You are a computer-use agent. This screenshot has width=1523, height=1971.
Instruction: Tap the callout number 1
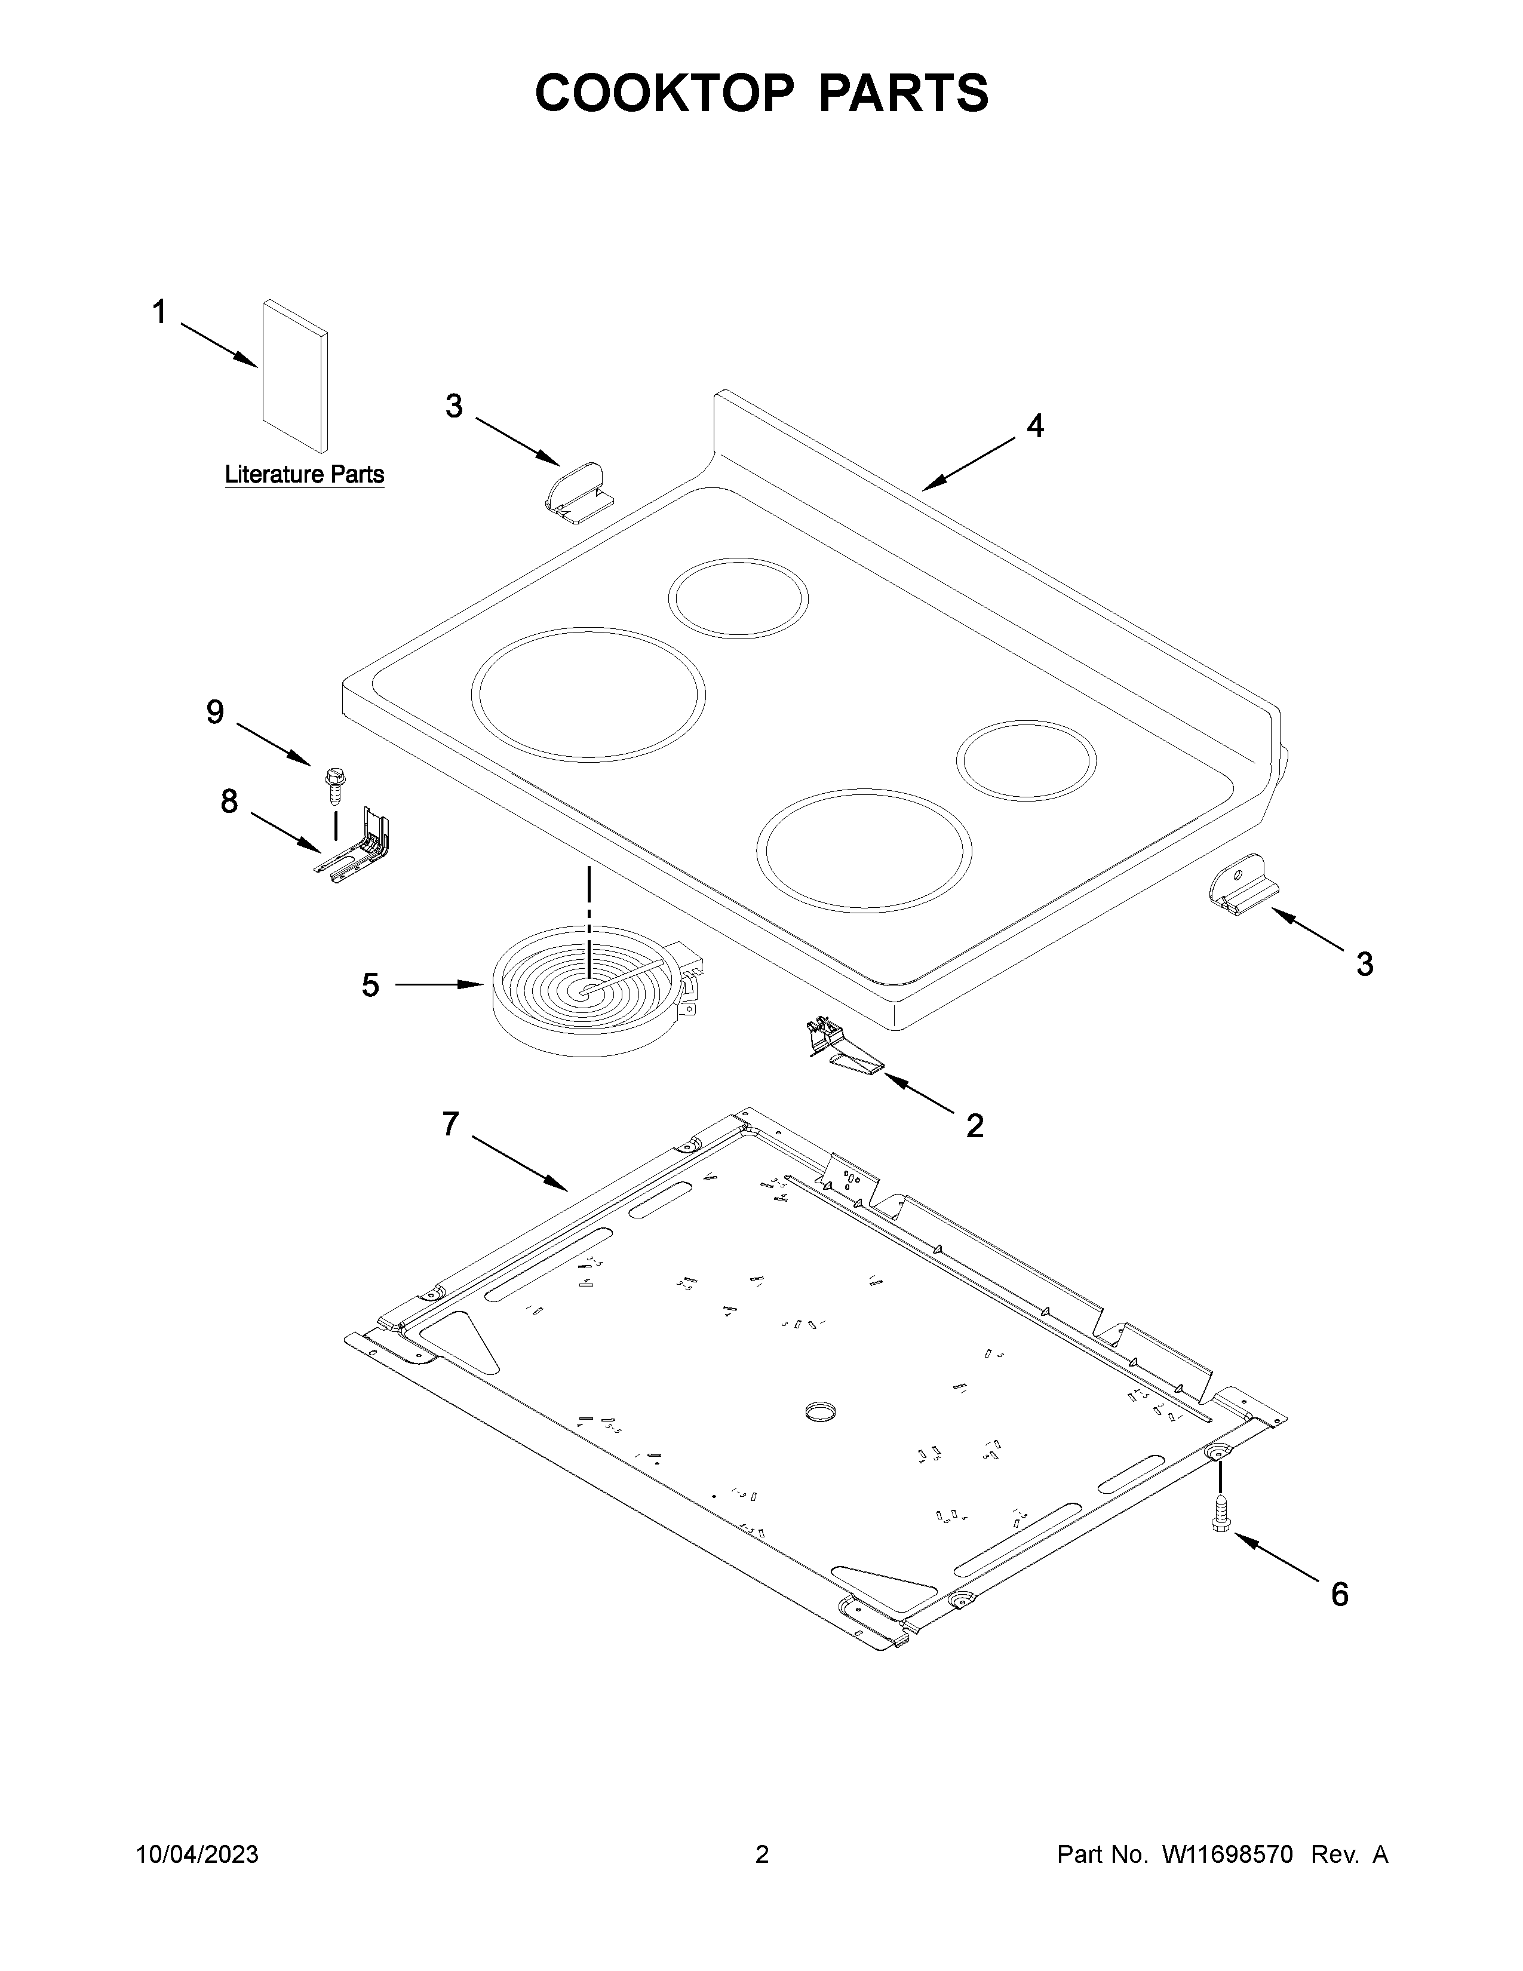click(x=159, y=312)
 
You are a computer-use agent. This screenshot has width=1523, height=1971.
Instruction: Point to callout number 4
click(x=1035, y=425)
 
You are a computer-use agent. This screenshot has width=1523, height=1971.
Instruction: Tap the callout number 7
click(x=450, y=1125)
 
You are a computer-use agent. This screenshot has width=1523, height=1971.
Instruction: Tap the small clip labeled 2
click(x=843, y=1049)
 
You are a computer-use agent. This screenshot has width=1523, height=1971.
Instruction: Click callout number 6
click(x=1340, y=1595)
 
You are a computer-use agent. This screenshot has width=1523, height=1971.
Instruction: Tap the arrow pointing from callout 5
click(x=438, y=984)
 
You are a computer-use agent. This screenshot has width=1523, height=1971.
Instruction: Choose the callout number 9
click(x=215, y=712)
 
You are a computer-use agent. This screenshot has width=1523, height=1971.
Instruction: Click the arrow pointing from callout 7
click(x=520, y=1162)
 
